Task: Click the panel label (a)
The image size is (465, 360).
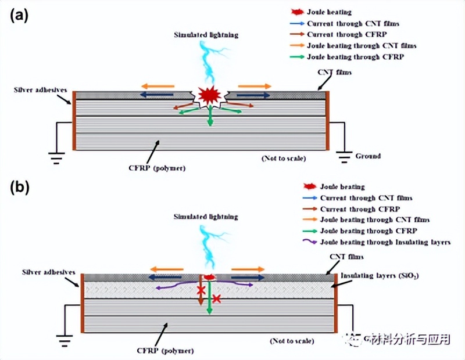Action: click(17, 16)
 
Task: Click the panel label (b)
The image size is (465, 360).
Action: click(17, 187)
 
